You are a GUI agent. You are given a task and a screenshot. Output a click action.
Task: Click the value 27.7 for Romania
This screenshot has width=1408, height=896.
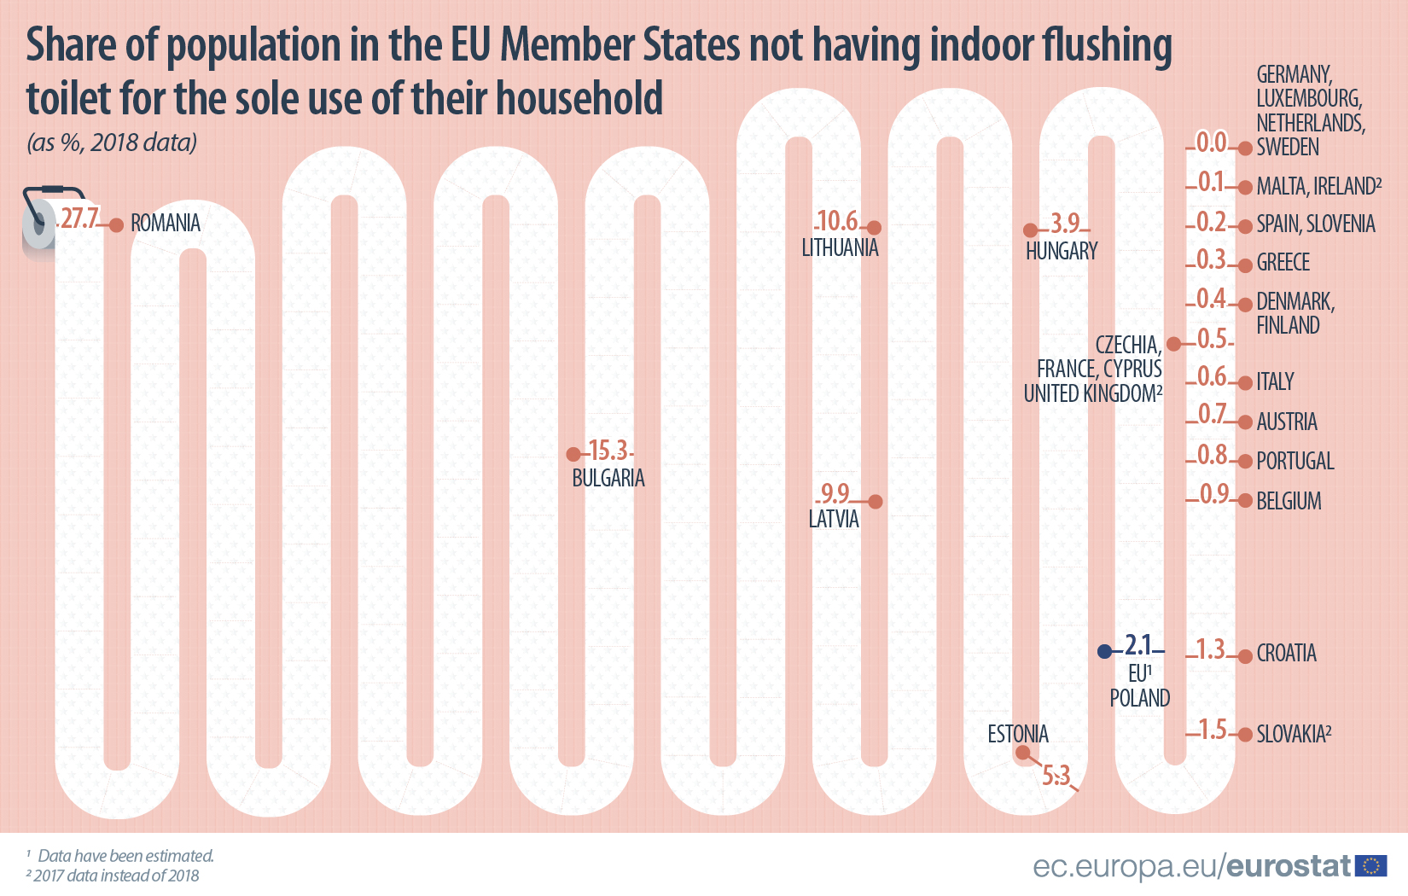pos(79,218)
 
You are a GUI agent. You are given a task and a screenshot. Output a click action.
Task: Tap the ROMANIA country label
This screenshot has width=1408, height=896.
pos(166,224)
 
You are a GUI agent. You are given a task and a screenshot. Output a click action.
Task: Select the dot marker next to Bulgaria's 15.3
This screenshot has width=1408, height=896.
pos(574,455)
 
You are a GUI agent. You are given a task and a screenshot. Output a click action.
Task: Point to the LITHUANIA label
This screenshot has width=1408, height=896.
pos(840,248)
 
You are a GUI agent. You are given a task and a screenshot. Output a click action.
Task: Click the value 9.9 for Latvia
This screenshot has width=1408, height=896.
pos(834,493)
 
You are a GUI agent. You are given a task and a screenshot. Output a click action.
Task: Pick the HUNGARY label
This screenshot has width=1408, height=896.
pos(1062,252)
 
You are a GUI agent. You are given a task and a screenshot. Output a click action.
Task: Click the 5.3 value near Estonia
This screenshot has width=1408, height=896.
pos(1056,775)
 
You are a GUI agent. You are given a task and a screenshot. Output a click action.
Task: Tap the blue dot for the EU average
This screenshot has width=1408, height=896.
pos(1105,651)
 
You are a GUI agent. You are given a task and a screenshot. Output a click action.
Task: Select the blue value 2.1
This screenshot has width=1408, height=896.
pos(1138,644)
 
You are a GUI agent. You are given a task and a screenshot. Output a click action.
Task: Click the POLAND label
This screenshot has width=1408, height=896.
pos(1139,698)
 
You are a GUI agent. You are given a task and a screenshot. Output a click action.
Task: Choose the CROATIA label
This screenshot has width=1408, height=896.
pos(1286,654)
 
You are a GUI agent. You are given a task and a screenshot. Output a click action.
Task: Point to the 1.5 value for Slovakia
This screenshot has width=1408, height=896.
pos(1212,730)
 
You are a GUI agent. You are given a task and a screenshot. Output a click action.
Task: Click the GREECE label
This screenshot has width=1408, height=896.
pos(1283,263)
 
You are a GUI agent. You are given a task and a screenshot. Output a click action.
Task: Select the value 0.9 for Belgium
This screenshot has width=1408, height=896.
pos(1213,494)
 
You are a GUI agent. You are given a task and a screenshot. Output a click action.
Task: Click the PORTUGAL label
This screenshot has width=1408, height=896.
pos(1295,462)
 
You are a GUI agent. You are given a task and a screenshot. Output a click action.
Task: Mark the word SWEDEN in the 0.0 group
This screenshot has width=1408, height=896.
pos(1288,148)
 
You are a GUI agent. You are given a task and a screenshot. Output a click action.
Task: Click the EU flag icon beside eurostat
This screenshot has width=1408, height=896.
pos(1371,866)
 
